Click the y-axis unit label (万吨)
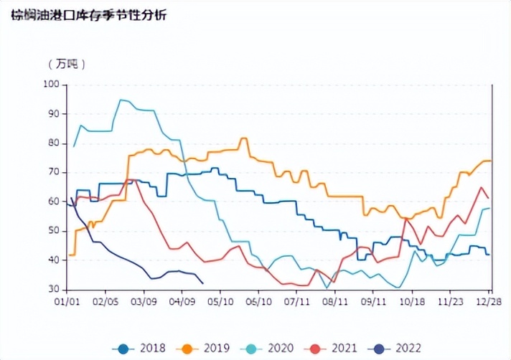click(x=67, y=64)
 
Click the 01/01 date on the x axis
click(x=67, y=303)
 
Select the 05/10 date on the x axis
click(x=221, y=303)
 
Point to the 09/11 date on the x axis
click(x=374, y=303)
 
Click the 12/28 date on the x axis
click(x=490, y=303)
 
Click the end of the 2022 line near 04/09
click(x=202, y=283)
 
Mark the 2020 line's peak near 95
click(x=121, y=100)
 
